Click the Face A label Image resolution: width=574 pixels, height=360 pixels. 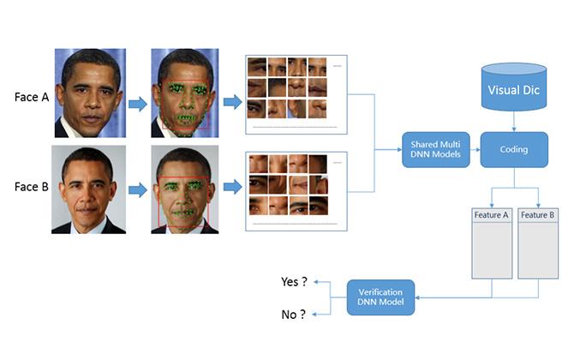[x=33, y=96]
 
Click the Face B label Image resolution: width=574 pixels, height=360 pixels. [x=33, y=185]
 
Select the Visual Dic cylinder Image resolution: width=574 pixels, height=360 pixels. [x=514, y=87]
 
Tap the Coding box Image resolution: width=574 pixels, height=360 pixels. [x=514, y=149]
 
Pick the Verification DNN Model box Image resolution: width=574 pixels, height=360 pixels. [x=380, y=297]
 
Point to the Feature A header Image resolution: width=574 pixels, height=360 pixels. [x=492, y=214]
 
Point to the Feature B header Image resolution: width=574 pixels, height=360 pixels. [x=538, y=214]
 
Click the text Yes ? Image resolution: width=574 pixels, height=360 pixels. [x=294, y=281]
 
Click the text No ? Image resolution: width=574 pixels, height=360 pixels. [x=293, y=315]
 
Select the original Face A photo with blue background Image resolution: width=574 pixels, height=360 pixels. [x=91, y=93]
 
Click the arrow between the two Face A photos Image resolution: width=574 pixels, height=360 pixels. [x=137, y=104]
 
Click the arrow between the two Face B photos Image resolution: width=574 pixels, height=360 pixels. [x=137, y=189]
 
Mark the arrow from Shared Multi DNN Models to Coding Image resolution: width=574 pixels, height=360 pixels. [x=471, y=149]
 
